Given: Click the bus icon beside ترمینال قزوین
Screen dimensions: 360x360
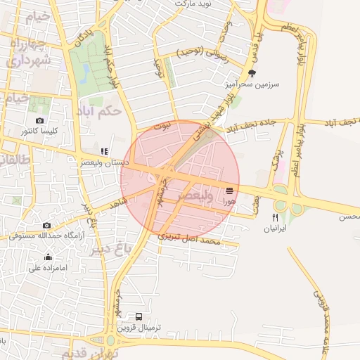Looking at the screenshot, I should pos(139,317).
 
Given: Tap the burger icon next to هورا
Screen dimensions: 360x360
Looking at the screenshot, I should pos(230,190).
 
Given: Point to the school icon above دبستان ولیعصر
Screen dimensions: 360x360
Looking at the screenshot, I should pos(104,151).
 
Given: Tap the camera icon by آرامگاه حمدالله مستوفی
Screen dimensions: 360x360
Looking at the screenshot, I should pos(46,225).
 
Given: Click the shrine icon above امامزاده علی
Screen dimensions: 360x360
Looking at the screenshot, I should pos(48,257).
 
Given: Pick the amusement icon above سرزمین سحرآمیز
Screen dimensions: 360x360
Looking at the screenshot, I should pos(252,73).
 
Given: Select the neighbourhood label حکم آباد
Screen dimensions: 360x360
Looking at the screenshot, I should pos(101,110).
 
